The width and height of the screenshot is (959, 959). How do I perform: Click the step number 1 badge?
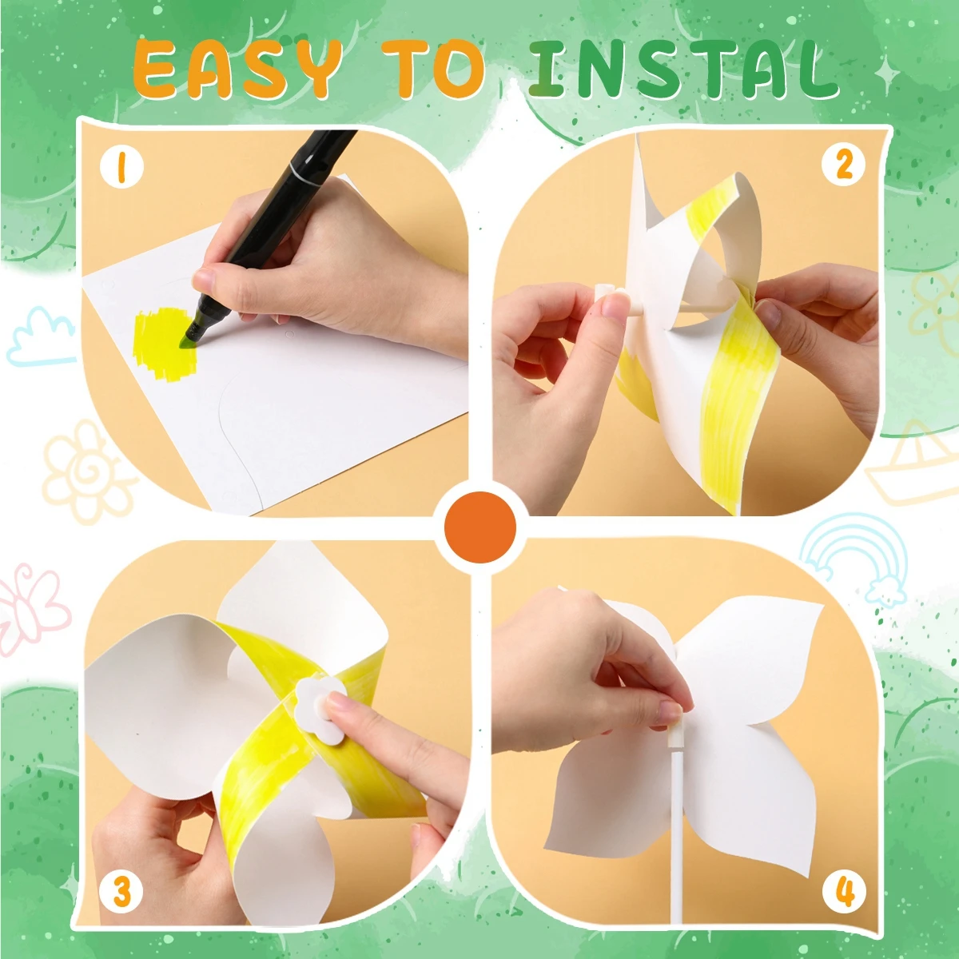(121, 169)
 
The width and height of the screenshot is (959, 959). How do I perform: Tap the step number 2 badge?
(844, 165)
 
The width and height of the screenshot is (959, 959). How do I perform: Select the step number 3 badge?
(121, 891)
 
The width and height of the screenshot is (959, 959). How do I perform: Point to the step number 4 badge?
(845, 891)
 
